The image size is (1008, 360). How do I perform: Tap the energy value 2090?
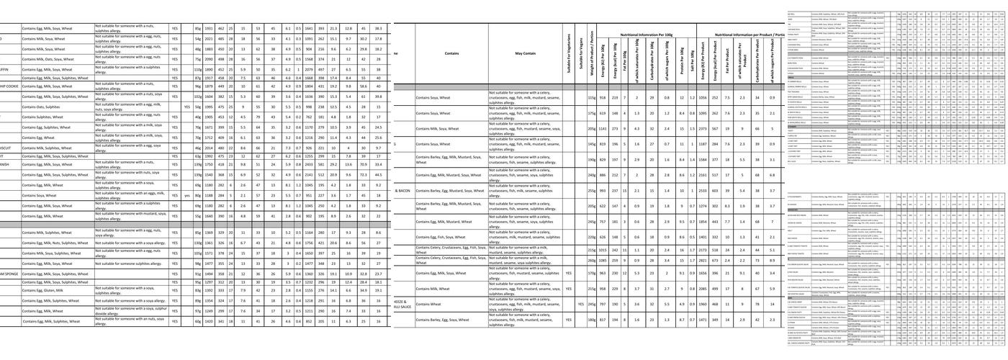[x=209, y=59]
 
